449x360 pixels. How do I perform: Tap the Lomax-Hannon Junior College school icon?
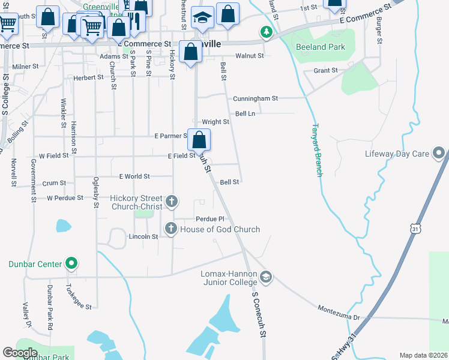coord(266,277)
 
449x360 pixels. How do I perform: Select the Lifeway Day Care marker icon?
coord(439,154)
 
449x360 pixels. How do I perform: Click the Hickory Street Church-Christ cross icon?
coord(172,201)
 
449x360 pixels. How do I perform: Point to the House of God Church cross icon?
coord(171,229)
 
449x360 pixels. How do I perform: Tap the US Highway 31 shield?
coord(415,229)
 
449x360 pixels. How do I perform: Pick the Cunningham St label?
coord(256,98)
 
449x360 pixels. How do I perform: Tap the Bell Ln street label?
coord(246,113)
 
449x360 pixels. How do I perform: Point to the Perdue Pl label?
coord(209,219)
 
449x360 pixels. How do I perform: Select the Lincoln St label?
coord(143,236)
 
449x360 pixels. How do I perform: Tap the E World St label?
coord(134,176)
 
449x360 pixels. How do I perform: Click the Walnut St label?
coord(250,56)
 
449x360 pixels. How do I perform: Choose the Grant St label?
coord(326,71)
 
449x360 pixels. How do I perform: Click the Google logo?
coord(20,353)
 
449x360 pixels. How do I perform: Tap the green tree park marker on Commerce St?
coord(265,32)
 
